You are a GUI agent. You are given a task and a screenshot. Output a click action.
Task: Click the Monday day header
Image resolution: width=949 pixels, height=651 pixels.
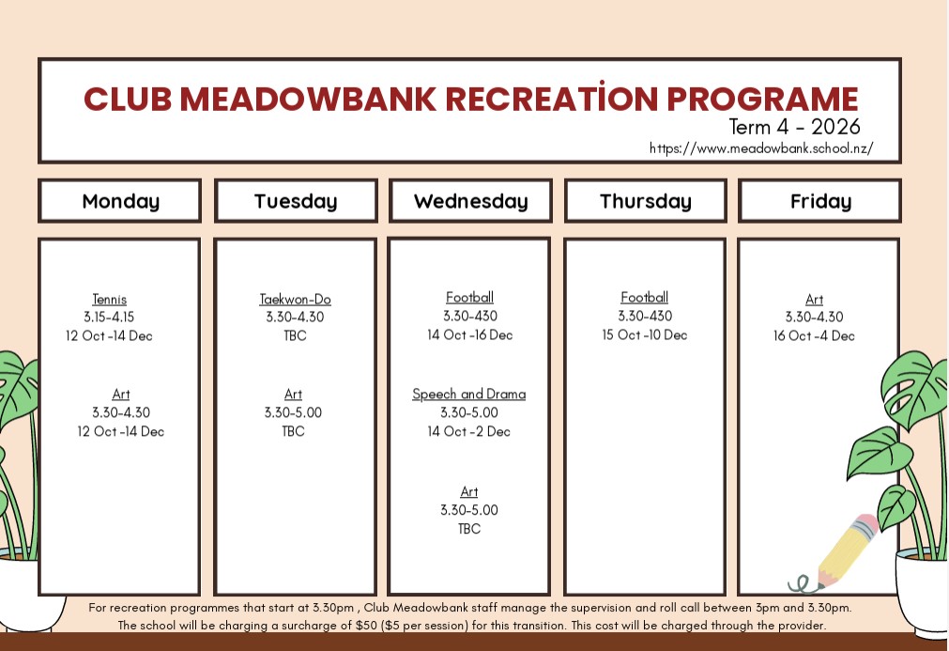[x=120, y=201]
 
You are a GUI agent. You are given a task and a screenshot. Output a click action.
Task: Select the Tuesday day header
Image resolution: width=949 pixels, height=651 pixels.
[x=296, y=201]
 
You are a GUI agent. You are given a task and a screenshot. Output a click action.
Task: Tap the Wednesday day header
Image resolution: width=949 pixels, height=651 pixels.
[x=471, y=201]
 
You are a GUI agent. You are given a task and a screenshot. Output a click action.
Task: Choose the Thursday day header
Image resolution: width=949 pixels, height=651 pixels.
[x=645, y=201]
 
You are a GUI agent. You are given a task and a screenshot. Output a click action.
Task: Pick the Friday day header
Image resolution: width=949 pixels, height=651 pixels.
[x=820, y=201]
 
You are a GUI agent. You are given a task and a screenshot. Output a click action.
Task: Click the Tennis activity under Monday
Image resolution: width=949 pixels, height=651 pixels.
[x=110, y=299]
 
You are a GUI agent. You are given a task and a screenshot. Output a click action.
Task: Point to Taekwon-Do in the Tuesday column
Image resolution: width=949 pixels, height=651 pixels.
[x=296, y=299]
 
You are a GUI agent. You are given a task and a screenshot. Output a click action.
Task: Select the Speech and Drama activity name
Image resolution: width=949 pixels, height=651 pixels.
[x=469, y=395]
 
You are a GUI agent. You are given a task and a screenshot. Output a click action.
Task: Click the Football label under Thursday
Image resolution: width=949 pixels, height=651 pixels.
[x=645, y=298]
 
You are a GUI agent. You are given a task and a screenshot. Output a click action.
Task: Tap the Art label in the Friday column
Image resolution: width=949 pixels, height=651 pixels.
[x=814, y=299]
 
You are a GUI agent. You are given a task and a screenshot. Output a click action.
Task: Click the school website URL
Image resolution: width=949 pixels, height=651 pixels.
[x=761, y=148]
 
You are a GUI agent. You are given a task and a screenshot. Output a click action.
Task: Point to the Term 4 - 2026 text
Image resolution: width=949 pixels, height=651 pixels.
[x=795, y=127]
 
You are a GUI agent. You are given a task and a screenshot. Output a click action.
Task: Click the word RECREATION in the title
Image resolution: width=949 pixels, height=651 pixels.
[x=551, y=98]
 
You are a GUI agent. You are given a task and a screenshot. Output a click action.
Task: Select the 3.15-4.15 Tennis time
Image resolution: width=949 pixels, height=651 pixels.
[x=109, y=317]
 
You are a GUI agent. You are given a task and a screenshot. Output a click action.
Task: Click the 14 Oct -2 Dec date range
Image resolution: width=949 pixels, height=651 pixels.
[x=469, y=431]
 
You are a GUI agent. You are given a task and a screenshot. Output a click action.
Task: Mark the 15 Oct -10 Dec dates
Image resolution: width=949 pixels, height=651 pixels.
[x=645, y=334]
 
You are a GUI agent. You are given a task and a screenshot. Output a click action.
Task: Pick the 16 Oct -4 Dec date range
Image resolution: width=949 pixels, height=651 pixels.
[x=814, y=335]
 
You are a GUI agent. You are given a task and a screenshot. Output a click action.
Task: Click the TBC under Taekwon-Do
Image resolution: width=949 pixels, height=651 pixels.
[x=296, y=335]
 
